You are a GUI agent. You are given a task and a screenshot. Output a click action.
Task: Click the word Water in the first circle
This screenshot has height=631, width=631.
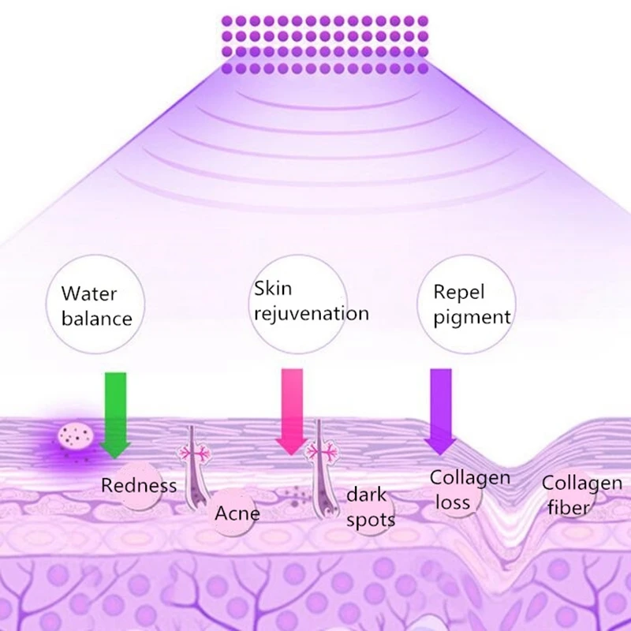89,294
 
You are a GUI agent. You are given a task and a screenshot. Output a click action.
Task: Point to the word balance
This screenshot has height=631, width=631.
97,319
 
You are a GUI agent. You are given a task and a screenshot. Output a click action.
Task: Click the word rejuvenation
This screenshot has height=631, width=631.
311,313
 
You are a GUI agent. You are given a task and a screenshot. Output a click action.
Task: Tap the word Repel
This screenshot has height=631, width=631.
458,293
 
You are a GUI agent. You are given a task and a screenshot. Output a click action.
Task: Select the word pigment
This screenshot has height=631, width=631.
472,318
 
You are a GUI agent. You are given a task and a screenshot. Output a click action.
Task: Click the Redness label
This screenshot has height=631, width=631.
139,484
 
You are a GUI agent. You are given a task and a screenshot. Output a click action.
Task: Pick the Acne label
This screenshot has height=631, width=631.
237,514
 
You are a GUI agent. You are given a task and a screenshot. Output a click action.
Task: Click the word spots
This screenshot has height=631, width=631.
370,520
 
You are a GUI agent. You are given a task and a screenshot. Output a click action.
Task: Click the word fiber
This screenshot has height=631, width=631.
568,506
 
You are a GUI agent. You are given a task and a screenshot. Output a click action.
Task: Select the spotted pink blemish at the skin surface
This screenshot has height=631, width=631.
73,436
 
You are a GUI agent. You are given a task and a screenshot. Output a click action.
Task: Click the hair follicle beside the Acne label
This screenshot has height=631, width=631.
191,473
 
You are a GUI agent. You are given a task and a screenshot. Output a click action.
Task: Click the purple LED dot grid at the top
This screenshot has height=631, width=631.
324,44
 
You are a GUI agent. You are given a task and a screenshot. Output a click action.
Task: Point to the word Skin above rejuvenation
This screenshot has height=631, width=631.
272,288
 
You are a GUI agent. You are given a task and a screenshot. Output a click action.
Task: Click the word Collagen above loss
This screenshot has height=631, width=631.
469,477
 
